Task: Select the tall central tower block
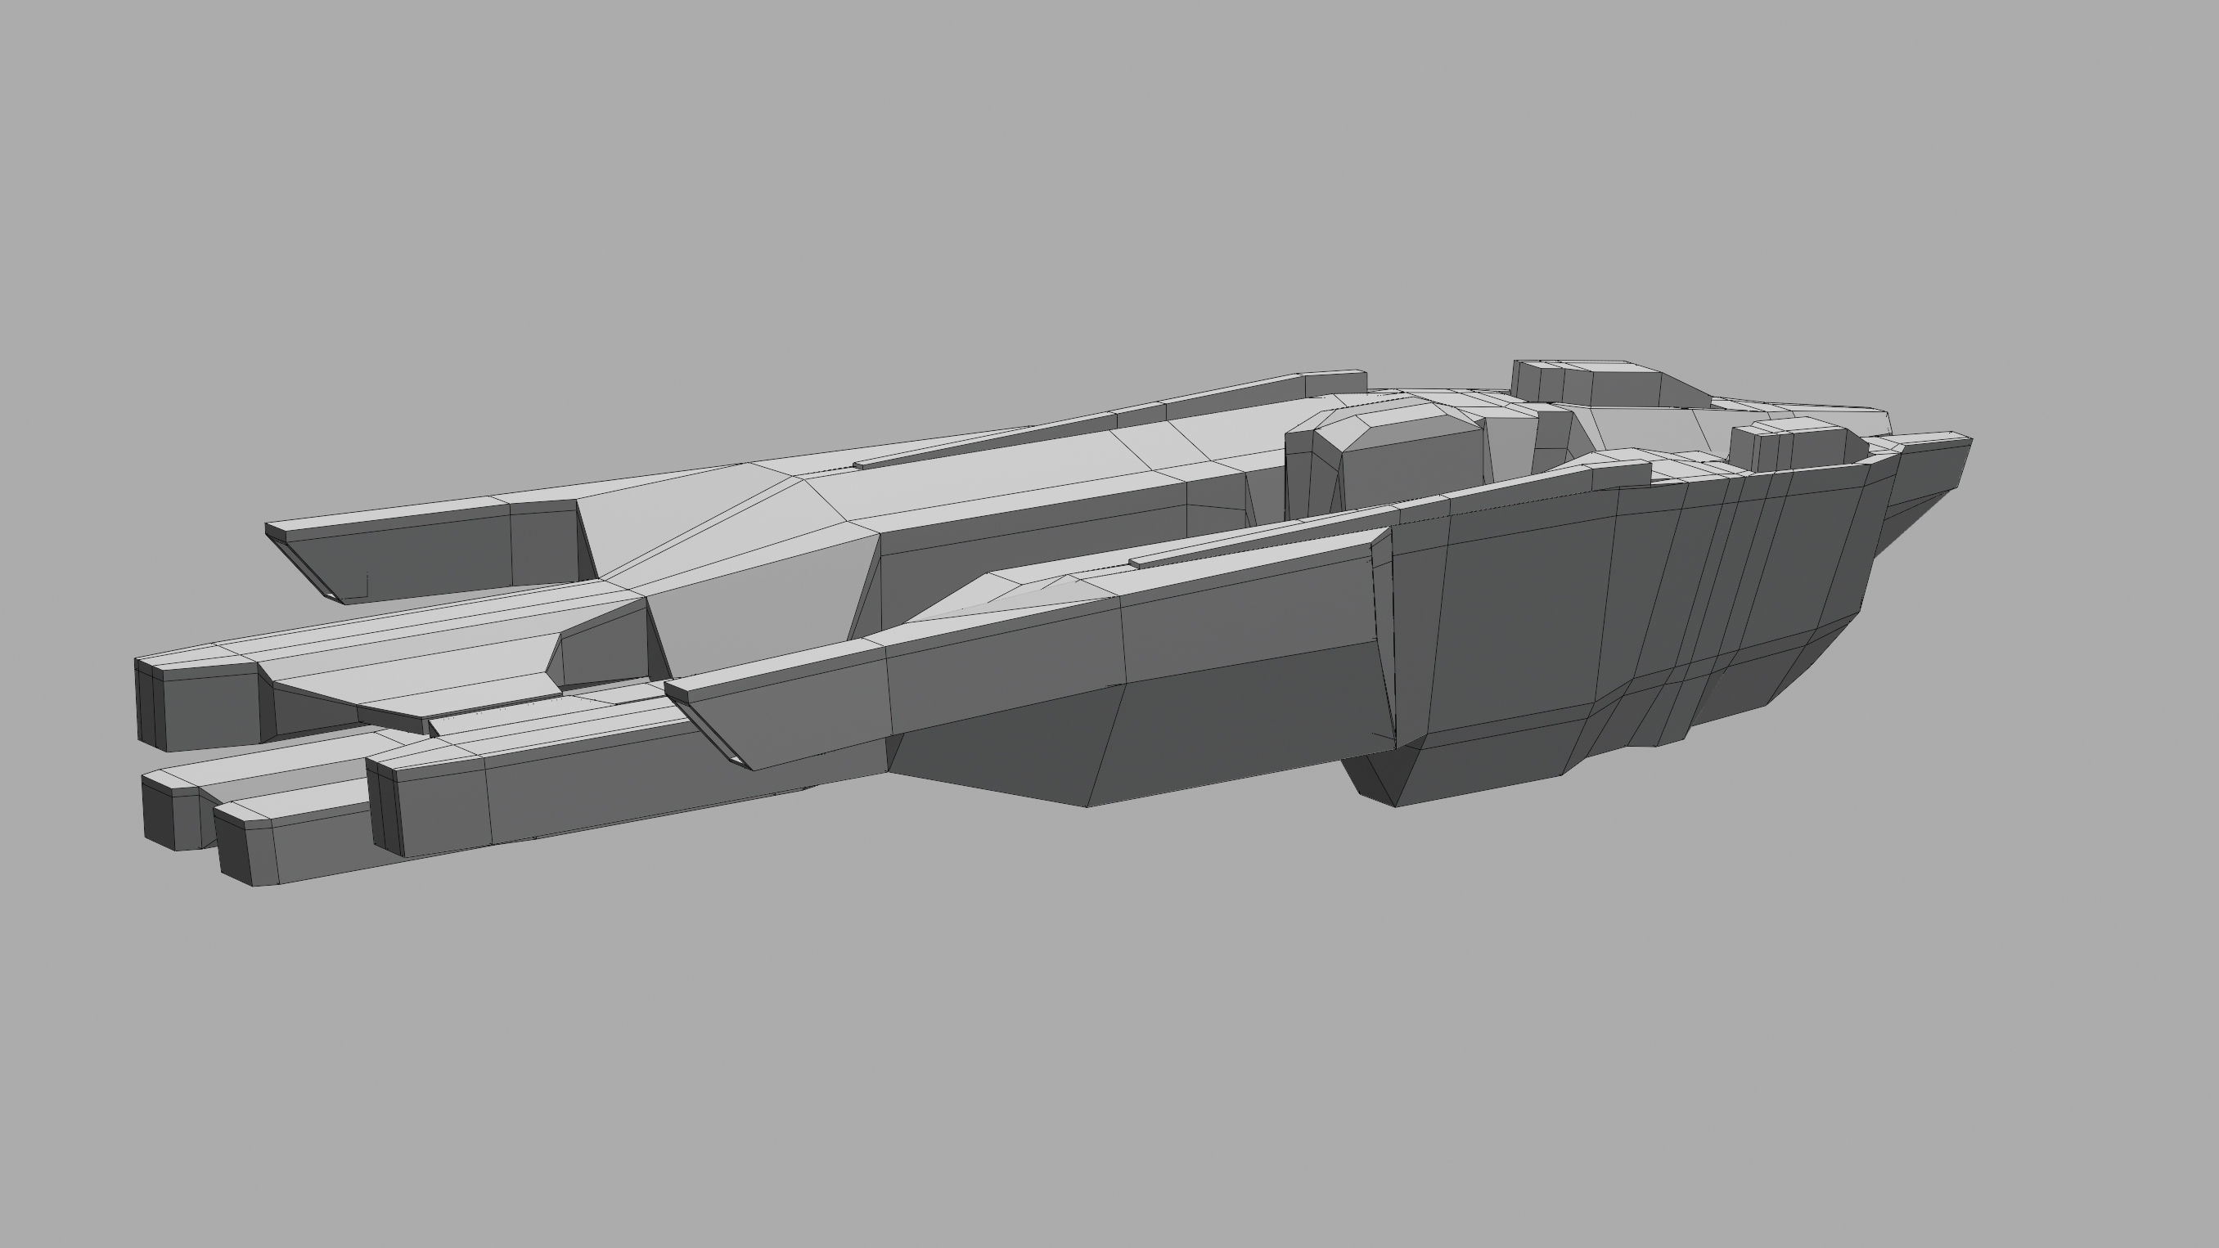[x=1387, y=465]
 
